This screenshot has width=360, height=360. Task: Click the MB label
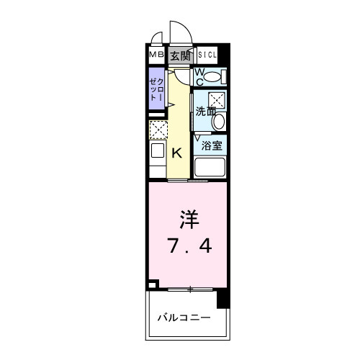tap(156, 55)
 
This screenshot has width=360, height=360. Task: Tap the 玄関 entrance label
tap(181, 55)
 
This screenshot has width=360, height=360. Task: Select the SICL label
tap(207, 55)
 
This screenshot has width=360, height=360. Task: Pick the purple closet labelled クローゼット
tap(157, 91)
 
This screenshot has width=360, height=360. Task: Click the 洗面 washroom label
tap(204, 112)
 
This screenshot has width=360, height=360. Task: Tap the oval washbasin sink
tap(219, 122)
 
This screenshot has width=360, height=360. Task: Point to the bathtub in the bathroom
tap(211, 169)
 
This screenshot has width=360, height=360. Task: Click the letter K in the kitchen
tap(176, 152)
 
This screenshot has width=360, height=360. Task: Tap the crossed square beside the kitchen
tap(158, 130)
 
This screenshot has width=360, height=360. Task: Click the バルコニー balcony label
tap(184, 318)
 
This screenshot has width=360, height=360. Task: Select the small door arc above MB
tap(157, 40)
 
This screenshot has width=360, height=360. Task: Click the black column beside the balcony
tap(223, 297)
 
